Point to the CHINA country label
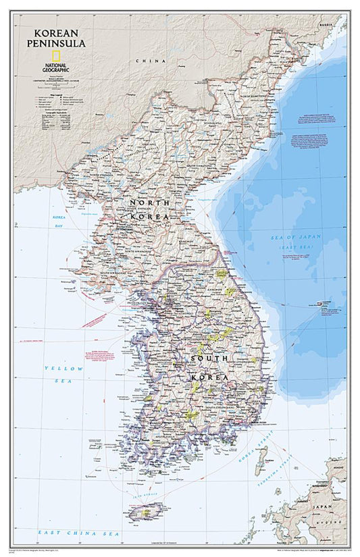click(x=148, y=61)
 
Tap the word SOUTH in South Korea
click(x=209, y=358)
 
